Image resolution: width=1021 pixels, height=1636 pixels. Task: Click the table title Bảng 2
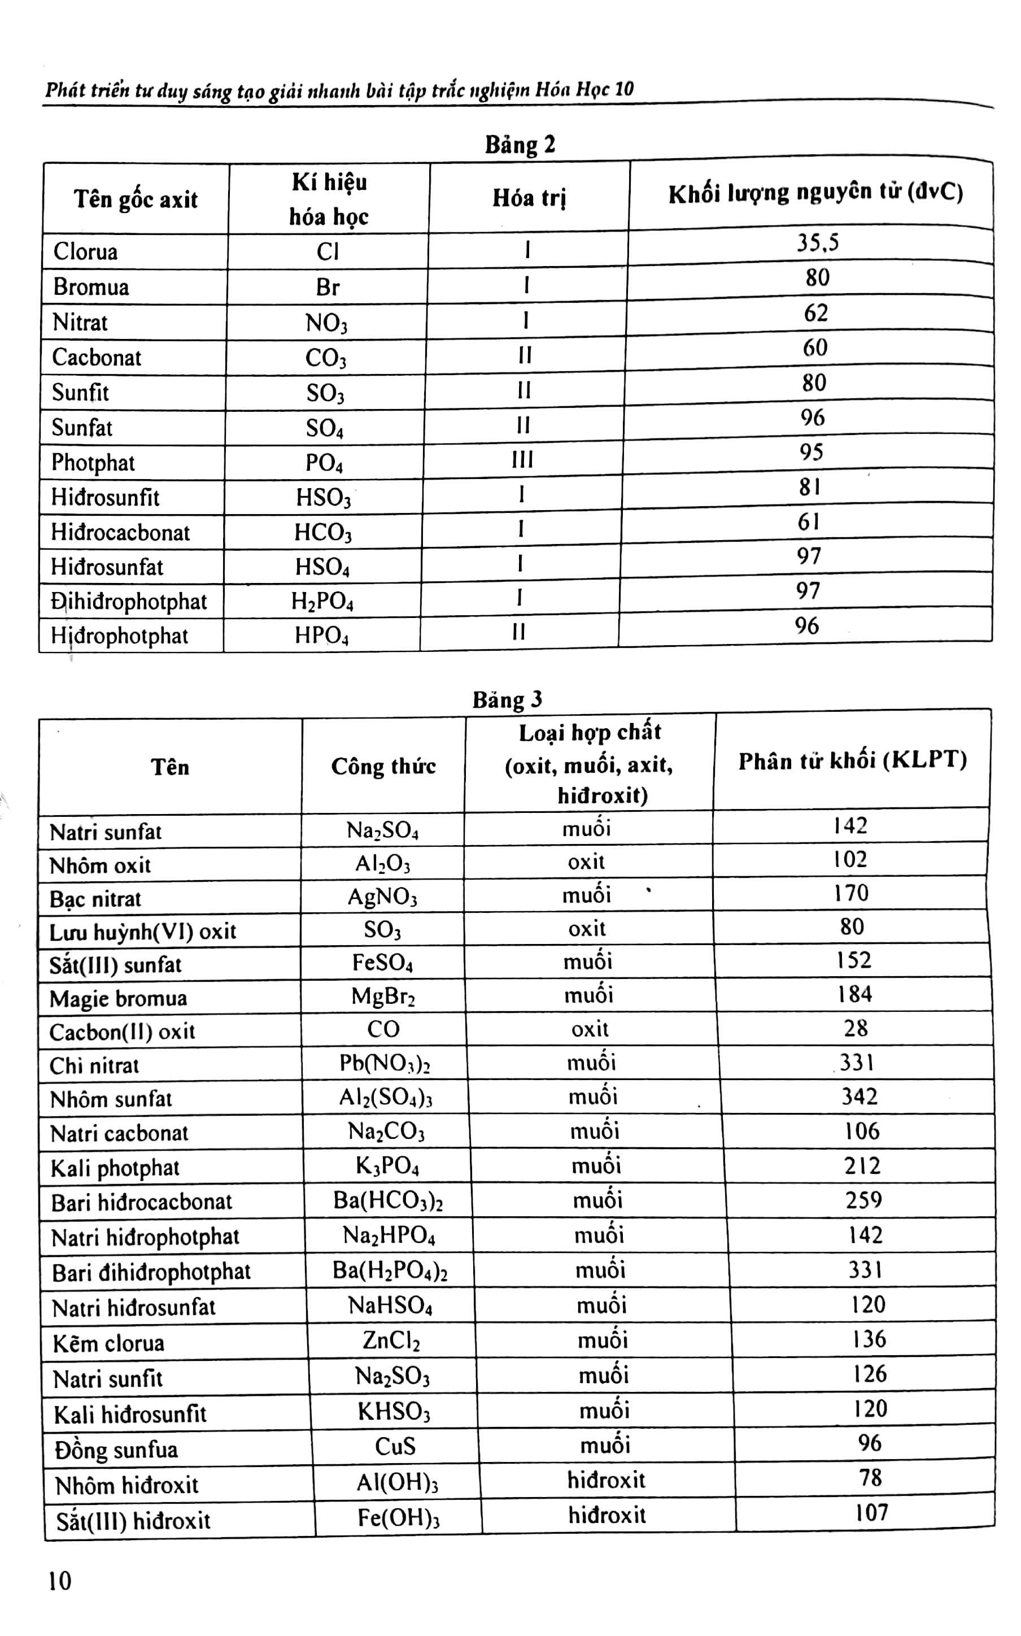520,145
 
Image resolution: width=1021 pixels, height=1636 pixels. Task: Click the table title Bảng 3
507,699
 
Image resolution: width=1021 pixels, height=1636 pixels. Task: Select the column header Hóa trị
529,198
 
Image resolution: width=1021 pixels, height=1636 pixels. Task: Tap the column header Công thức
383,766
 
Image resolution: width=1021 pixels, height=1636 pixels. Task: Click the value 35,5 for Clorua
818,242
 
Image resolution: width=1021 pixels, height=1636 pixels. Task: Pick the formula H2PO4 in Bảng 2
322,601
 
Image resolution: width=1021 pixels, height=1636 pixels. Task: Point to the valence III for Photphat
522,460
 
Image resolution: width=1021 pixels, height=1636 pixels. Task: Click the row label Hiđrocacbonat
121,532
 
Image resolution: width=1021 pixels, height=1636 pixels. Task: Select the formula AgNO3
382,897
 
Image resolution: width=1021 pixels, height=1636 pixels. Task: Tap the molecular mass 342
859,1095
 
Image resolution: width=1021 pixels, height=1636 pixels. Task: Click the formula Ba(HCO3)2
387,1200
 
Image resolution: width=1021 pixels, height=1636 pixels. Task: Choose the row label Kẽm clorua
109,1342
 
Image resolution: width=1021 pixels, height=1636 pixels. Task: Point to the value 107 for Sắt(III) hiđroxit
871,1512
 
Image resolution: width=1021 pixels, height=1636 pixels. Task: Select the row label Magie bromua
118,998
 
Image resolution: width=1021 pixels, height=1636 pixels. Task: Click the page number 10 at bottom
59,1581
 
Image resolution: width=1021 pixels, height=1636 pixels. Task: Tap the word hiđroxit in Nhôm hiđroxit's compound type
606,1480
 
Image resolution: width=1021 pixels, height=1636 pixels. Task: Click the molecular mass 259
863,1200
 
